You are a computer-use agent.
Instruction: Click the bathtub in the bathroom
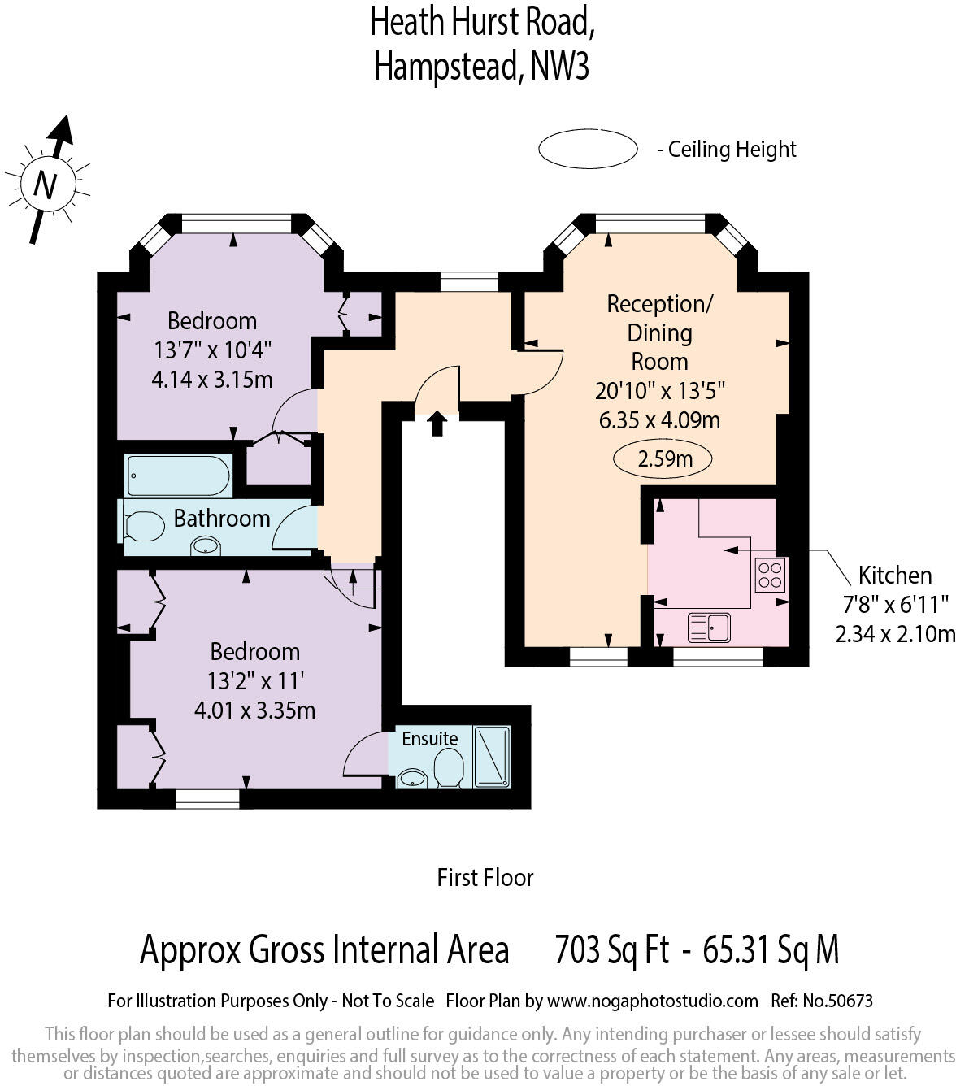(x=178, y=476)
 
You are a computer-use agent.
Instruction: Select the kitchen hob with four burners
(x=770, y=575)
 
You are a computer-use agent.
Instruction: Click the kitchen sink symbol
(x=709, y=628)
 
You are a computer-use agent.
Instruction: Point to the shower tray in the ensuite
(x=492, y=756)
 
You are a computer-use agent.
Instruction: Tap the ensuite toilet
(x=448, y=768)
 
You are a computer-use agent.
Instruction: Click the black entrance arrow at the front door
(x=437, y=424)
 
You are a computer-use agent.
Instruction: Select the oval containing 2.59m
(x=663, y=459)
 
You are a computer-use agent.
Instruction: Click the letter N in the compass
(x=46, y=185)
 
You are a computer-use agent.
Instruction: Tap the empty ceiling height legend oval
(x=587, y=150)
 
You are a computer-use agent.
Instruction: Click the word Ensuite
(x=429, y=738)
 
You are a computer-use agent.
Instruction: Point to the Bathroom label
(x=221, y=518)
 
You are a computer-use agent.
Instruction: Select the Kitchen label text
(x=894, y=576)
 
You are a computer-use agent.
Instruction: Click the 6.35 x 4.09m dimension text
(x=659, y=420)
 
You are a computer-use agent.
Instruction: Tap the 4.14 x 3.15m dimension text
(x=212, y=380)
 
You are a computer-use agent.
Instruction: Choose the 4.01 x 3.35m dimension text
(x=254, y=710)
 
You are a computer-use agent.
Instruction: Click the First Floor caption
(x=485, y=878)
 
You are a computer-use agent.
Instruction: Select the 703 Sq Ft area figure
(x=611, y=949)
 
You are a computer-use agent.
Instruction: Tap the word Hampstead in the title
(x=448, y=67)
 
